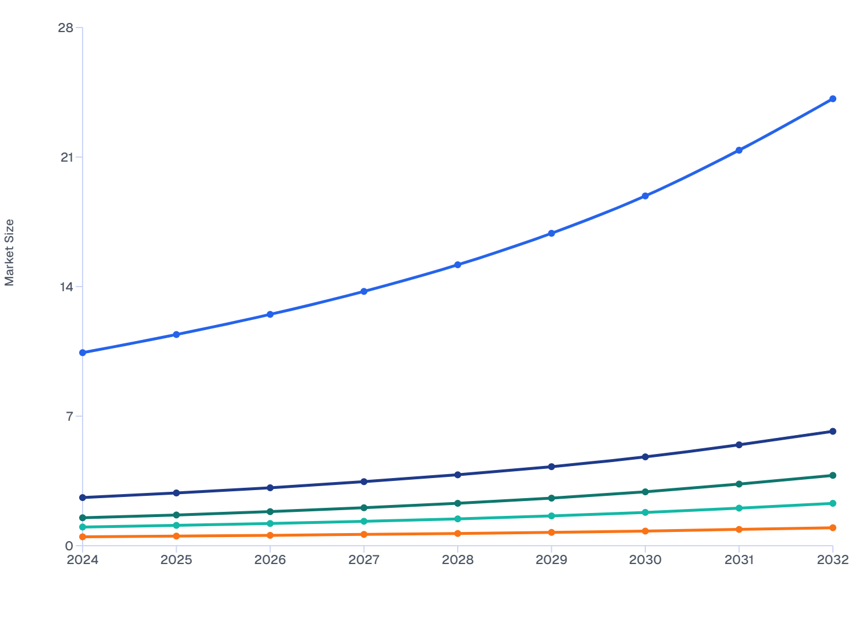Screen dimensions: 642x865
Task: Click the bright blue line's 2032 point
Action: pyautogui.click(x=833, y=99)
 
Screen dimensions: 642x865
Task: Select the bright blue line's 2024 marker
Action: pyautogui.click(x=83, y=353)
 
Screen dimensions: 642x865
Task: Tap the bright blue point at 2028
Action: pyautogui.click(x=458, y=265)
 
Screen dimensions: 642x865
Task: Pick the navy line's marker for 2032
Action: pyautogui.click(x=833, y=431)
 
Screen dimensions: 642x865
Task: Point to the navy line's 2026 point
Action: pyautogui.click(x=270, y=488)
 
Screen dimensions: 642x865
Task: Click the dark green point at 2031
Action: pyautogui.click(x=739, y=484)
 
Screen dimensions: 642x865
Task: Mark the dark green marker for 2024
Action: pyautogui.click(x=83, y=518)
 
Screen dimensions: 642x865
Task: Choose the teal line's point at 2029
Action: pyautogui.click(x=551, y=516)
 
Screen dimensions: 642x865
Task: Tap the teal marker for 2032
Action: pyautogui.click(x=833, y=503)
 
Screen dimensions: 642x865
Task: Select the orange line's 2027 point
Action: pyautogui.click(x=364, y=534)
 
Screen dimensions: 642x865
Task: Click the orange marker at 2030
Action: pyautogui.click(x=645, y=531)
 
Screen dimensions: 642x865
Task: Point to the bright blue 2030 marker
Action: pyautogui.click(x=645, y=196)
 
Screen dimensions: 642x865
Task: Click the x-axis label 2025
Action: pyautogui.click(x=176, y=559)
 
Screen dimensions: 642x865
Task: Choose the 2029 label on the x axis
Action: pyautogui.click(x=551, y=559)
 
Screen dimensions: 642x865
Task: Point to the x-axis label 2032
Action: pyautogui.click(x=833, y=559)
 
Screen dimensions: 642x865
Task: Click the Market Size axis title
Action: pyautogui.click(x=9, y=253)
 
